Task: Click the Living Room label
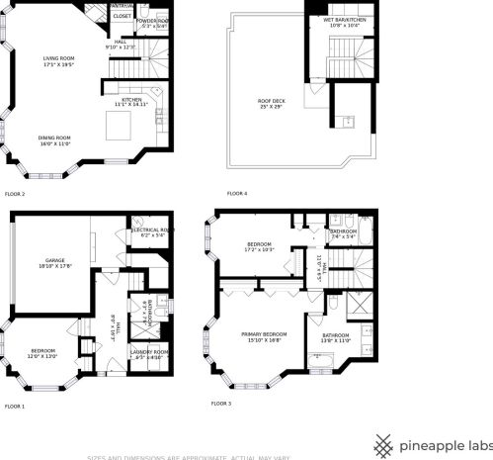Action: (58, 62)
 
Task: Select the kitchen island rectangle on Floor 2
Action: (120, 125)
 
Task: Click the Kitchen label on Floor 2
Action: (132, 101)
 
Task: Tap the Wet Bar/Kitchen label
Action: (345, 22)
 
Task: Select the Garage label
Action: (54, 263)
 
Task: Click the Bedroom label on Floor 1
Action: (42, 353)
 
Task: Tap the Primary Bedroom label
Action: (264, 336)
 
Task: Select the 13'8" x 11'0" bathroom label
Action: (336, 337)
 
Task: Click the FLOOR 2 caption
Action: (15, 194)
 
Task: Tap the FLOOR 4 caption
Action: (237, 193)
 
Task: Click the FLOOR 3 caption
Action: (221, 404)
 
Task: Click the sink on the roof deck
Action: (350, 122)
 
